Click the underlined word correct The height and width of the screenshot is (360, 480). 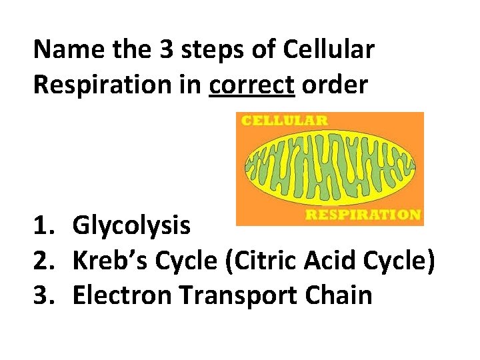251,86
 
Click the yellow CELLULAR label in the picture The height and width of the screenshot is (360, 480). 284,121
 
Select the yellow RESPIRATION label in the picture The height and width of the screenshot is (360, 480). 362,215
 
